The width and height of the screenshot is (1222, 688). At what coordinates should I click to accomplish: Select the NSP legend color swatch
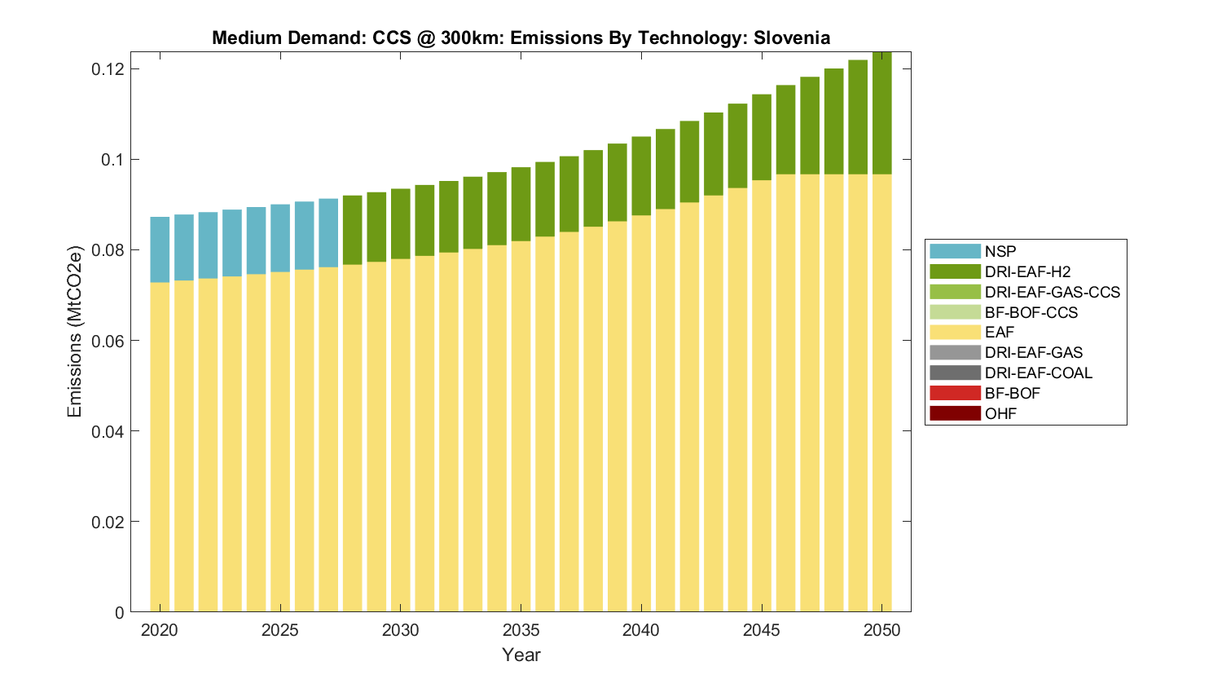coord(954,251)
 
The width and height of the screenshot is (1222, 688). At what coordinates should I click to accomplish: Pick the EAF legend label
coord(1000,333)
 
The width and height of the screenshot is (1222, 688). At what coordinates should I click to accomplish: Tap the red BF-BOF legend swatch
coord(954,393)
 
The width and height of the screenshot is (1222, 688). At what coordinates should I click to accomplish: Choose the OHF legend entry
coord(1000,413)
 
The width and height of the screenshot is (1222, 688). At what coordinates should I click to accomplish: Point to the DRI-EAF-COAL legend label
coord(1038,373)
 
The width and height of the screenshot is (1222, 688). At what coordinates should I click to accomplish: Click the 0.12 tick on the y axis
coord(108,68)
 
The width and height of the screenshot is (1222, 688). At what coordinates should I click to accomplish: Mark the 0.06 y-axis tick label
coord(108,341)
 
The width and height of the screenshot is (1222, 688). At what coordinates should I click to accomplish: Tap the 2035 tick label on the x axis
coord(521,630)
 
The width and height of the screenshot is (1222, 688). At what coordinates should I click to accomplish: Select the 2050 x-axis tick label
coord(881,630)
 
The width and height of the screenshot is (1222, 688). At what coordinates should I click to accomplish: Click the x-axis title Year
coord(521,655)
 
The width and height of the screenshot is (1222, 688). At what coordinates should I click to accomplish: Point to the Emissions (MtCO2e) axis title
coord(75,331)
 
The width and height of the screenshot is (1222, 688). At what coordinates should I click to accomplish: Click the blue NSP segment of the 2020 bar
coord(160,249)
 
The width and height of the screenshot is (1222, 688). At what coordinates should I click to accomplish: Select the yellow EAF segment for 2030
coord(400,432)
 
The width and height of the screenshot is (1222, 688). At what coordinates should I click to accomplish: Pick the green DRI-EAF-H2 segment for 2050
coord(881,114)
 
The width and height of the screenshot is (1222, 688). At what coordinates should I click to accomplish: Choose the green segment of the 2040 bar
coord(641,176)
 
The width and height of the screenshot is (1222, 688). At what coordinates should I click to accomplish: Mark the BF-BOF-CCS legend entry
coord(1031,312)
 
